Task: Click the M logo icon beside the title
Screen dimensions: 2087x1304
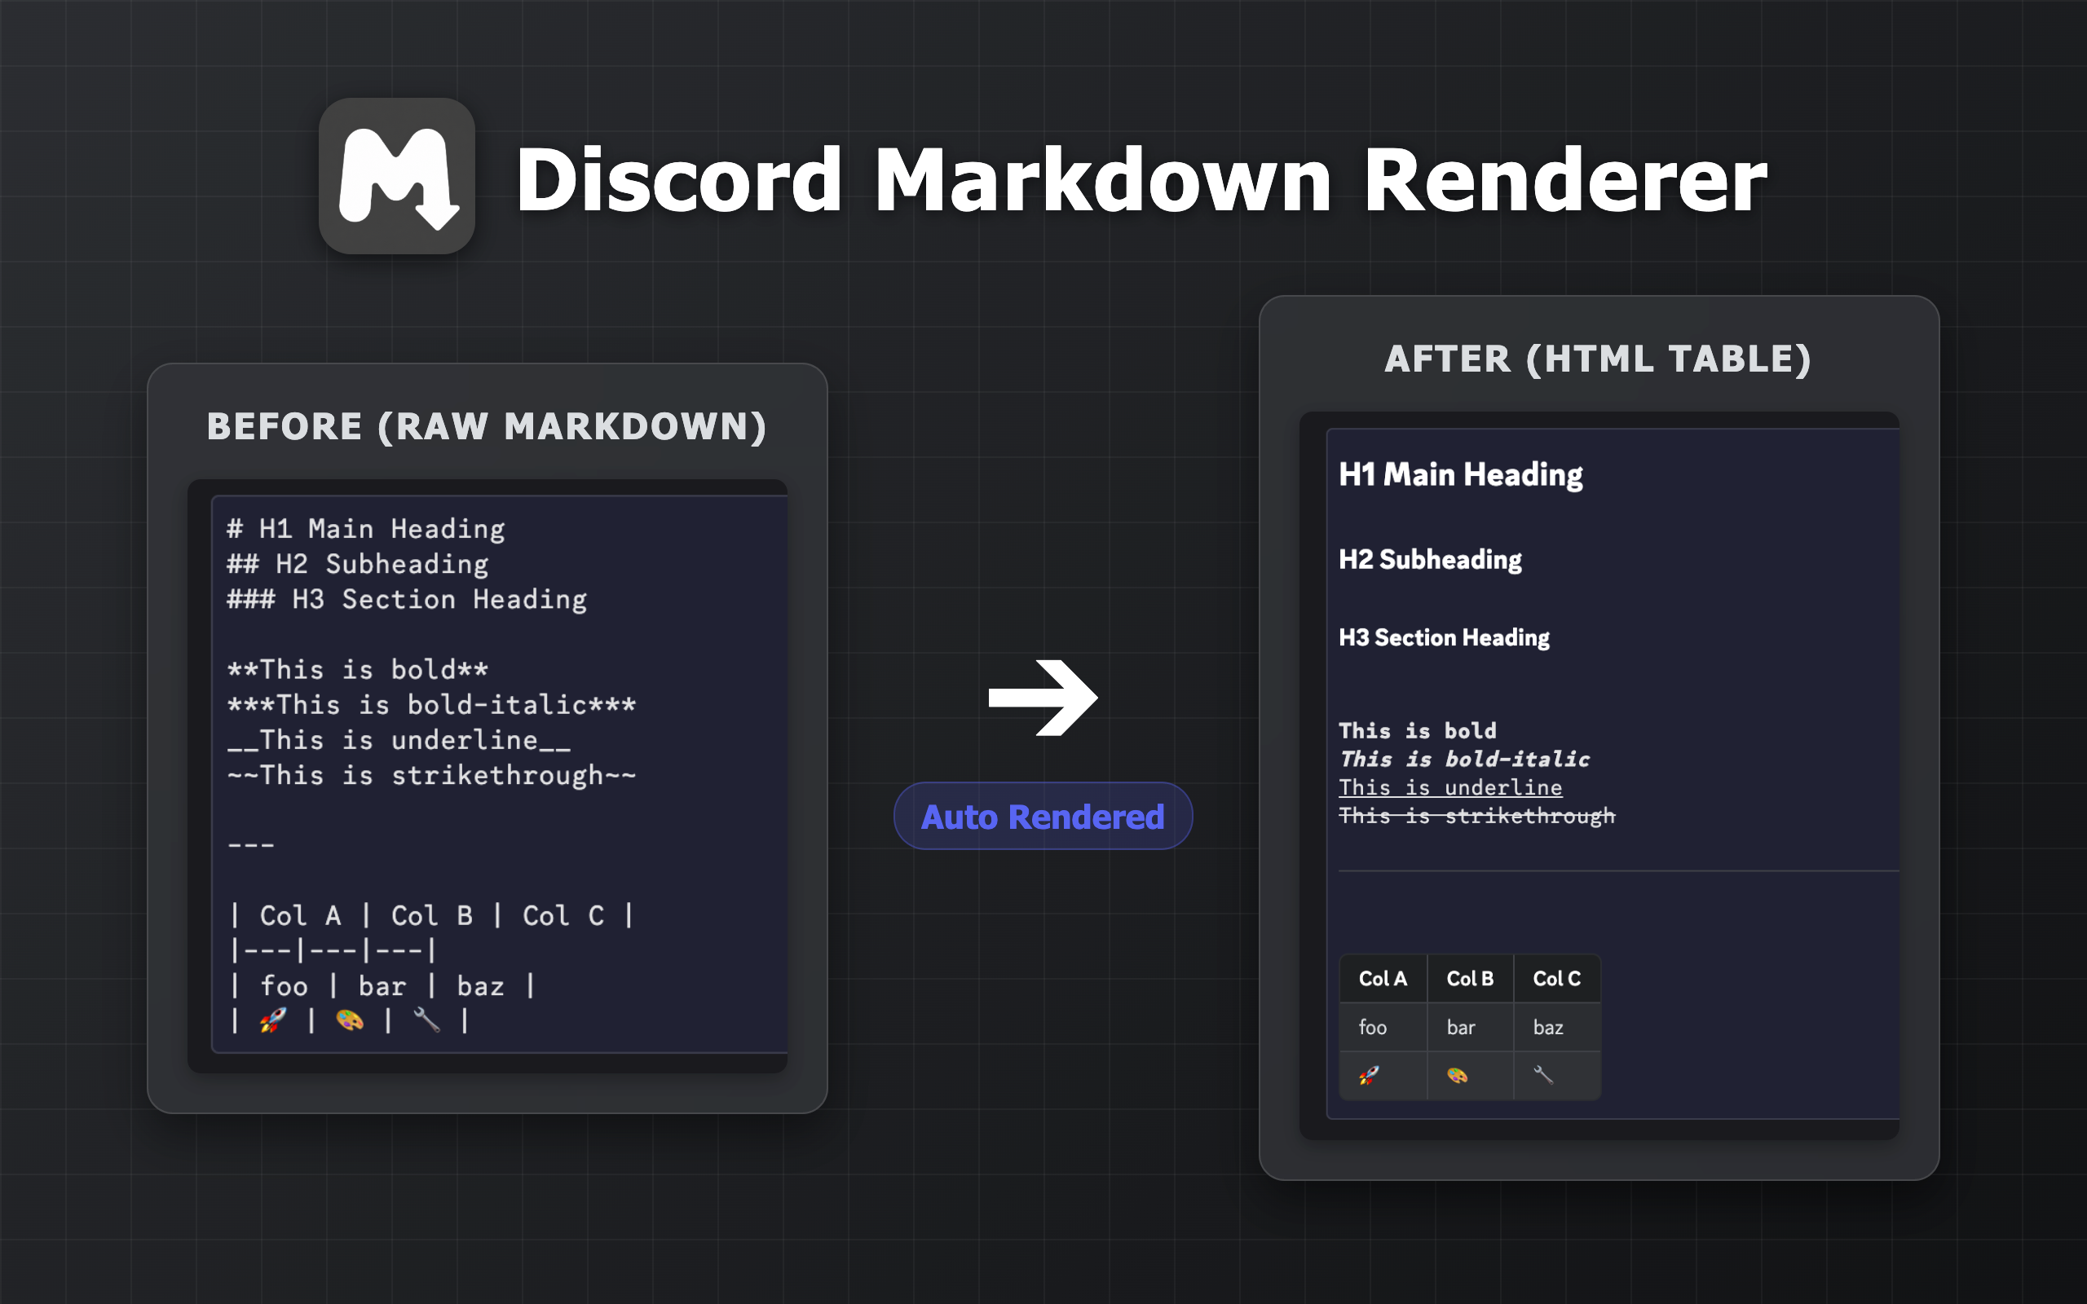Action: [x=397, y=176]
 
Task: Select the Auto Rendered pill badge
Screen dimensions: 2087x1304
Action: [x=1043, y=816]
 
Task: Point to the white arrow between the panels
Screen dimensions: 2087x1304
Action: [x=1043, y=698]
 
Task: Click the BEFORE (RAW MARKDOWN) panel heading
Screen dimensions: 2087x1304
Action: [x=488, y=426]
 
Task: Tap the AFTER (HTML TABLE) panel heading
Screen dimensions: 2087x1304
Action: [x=1598, y=359]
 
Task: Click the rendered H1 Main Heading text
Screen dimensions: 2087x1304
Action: [x=1461, y=474]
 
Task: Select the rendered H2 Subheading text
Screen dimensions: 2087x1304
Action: [x=1430, y=560]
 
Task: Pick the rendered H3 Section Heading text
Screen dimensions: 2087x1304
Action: [x=1444, y=637]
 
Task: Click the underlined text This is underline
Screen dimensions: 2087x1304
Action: [x=1449, y=787]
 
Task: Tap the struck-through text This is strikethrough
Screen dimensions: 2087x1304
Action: [x=1476, y=816]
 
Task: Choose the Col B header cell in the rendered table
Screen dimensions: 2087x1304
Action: [x=1471, y=979]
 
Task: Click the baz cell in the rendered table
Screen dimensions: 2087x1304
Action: [x=1556, y=1027]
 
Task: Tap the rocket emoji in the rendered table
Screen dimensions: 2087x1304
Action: [x=1369, y=1076]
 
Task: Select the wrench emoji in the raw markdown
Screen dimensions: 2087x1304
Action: [x=427, y=1020]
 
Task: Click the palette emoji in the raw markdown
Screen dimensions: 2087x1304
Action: [x=349, y=1020]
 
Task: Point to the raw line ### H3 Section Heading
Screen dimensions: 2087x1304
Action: [x=407, y=599]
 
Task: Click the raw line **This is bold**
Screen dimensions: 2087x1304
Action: [x=358, y=669]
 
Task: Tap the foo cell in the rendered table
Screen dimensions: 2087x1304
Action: [x=1383, y=1027]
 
